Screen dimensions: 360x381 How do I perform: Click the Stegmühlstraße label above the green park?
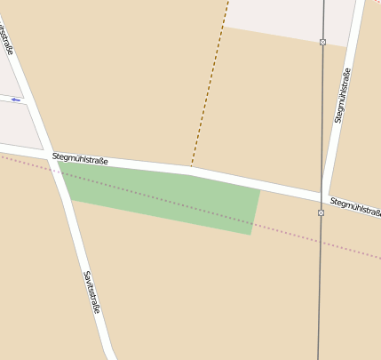[80, 159]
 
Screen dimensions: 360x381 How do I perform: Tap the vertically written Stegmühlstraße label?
[343, 95]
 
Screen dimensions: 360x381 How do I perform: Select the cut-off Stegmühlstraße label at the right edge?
[355, 207]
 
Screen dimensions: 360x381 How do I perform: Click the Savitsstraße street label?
[91, 292]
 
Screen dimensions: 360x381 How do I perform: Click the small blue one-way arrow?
[15, 100]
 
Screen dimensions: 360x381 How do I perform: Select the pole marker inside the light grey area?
[322, 42]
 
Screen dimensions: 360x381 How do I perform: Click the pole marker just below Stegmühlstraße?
[321, 212]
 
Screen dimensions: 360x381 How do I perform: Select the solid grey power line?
[320, 284]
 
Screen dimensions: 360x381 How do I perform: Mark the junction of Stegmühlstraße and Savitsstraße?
[55, 158]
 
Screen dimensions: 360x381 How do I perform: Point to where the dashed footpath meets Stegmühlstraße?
[190, 167]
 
